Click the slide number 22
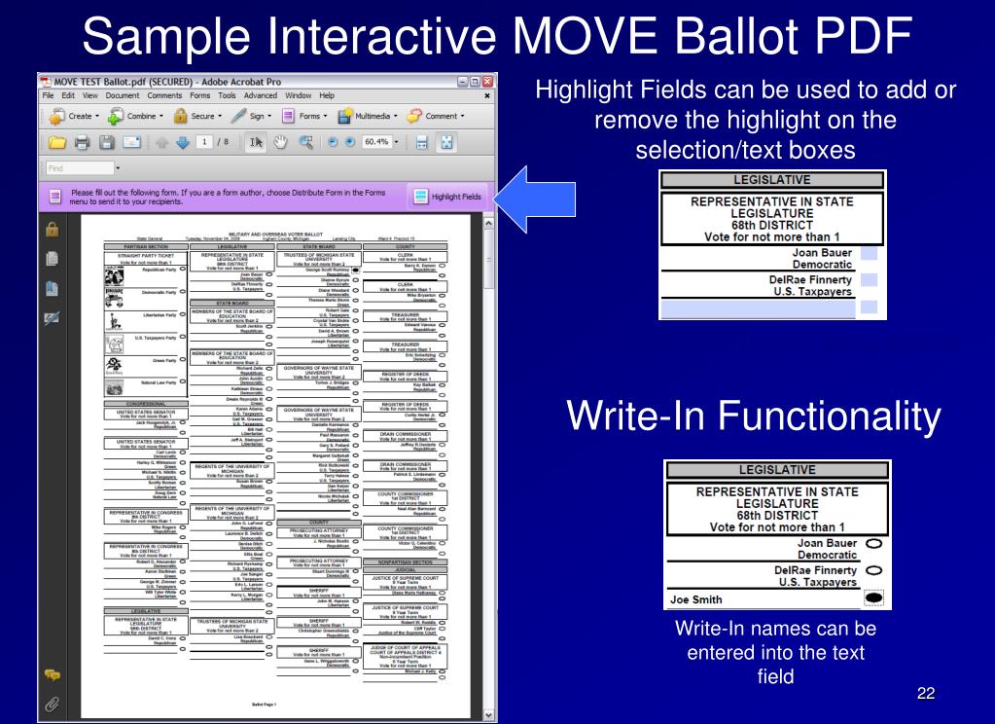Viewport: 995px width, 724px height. [925, 693]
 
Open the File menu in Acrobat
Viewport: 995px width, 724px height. [48, 95]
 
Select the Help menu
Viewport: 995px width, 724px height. [327, 95]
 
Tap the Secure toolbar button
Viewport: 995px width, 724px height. [193, 116]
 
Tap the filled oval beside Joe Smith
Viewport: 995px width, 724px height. [873, 598]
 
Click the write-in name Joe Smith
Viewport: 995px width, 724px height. [693, 599]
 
